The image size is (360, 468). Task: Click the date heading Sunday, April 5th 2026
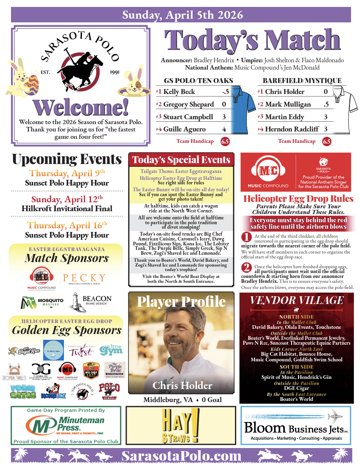click(182, 15)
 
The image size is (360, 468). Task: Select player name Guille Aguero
click(184, 129)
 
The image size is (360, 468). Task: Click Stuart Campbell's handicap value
click(224, 117)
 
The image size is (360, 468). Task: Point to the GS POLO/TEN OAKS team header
click(198, 81)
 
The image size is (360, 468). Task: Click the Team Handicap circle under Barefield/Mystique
click(327, 142)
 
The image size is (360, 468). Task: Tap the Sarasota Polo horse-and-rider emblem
click(80, 67)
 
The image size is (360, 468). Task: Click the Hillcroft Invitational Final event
click(67, 209)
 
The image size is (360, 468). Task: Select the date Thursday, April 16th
click(67, 225)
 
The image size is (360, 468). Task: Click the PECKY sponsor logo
click(84, 280)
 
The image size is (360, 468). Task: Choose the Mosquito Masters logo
click(42, 302)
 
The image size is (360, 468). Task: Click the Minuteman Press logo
click(66, 426)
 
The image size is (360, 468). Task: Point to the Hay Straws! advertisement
click(181, 425)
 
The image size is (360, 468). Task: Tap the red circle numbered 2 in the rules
click(246, 267)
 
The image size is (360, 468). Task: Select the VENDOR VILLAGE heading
click(296, 300)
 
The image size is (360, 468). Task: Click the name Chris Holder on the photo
click(182, 385)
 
